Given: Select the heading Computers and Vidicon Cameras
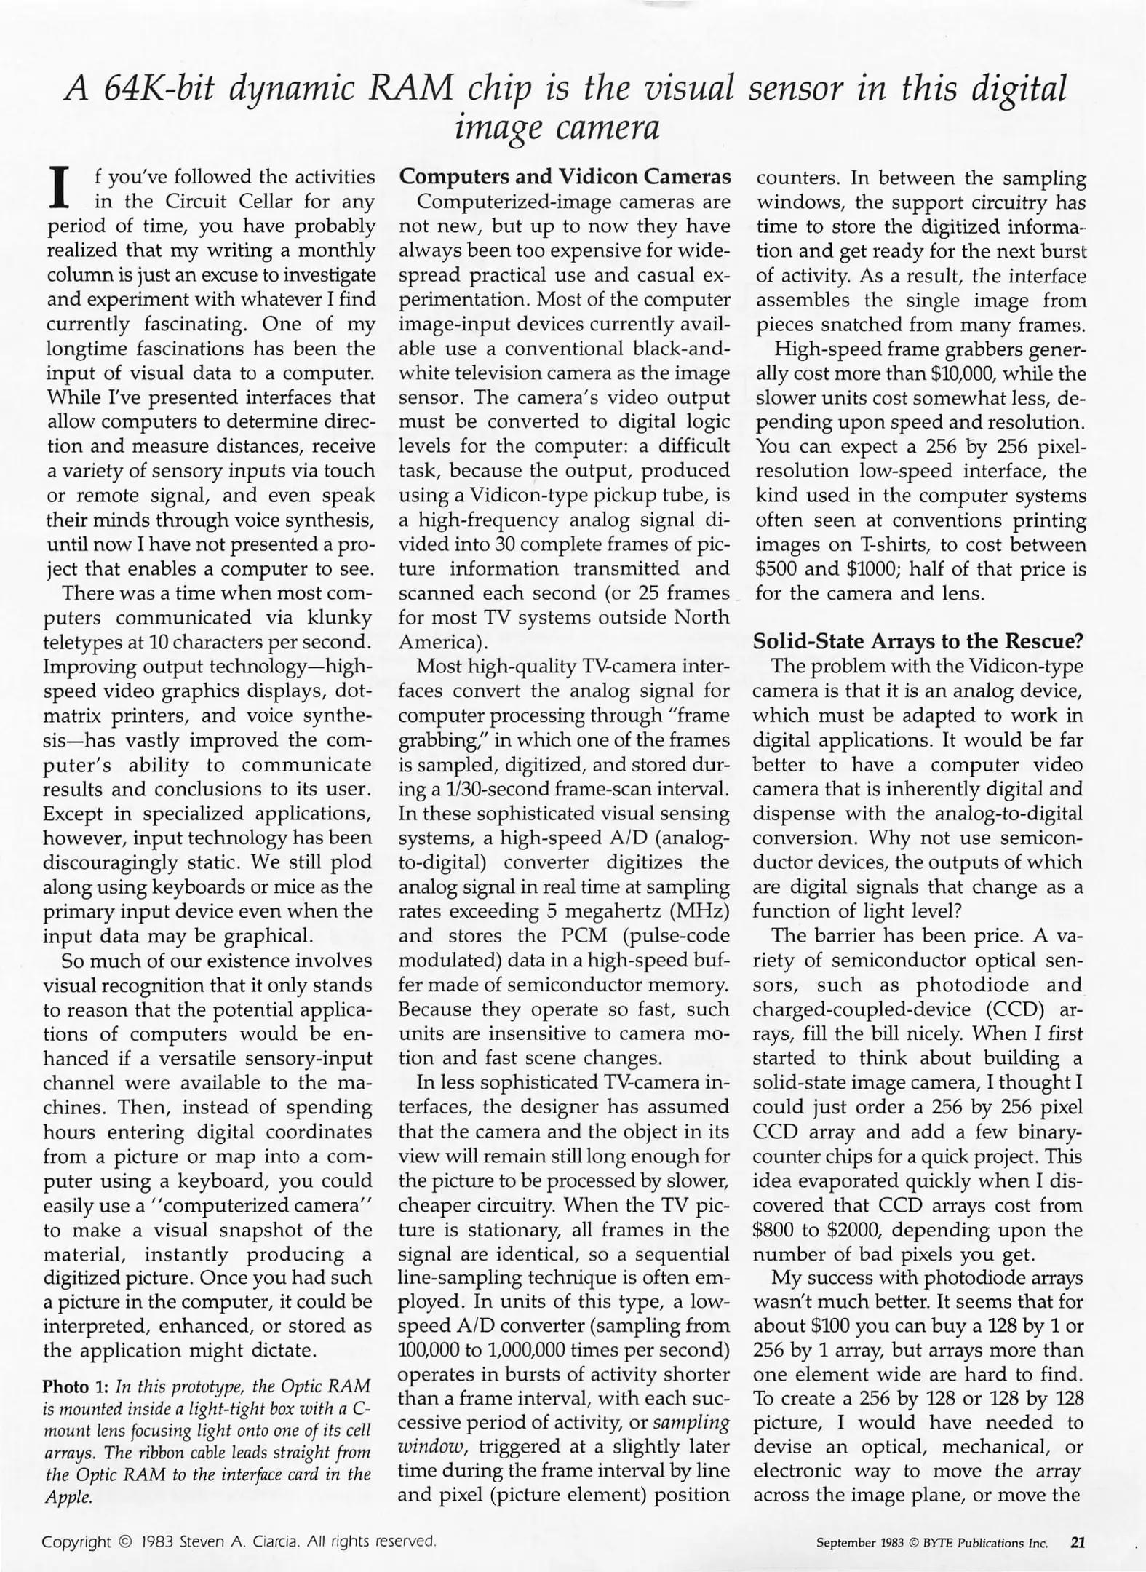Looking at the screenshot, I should [x=565, y=177].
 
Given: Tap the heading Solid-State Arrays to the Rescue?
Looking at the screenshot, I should [x=918, y=641].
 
